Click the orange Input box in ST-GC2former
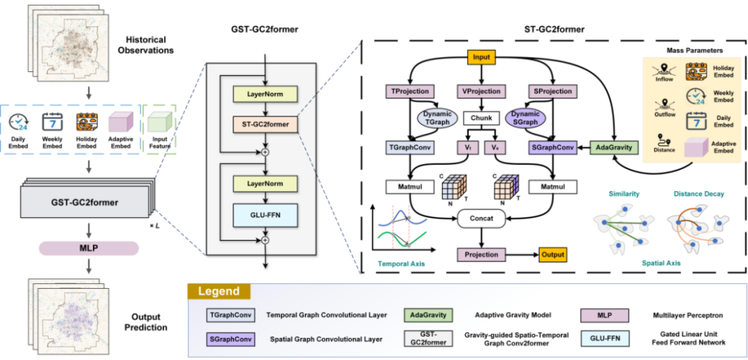[482, 58]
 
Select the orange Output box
[552, 255]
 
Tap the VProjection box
[481, 91]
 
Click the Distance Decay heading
[698, 195]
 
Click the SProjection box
[552, 91]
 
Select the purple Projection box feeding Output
[482, 255]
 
